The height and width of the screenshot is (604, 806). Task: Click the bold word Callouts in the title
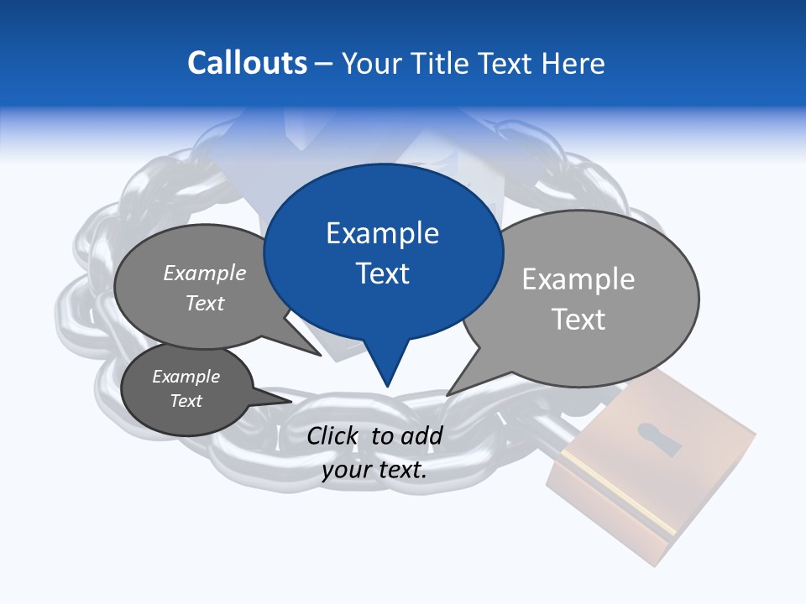click(247, 63)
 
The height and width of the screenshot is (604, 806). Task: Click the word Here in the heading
click(573, 64)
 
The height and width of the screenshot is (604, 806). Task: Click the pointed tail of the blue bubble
click(387, 382)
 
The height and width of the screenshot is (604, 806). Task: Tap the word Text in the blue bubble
click(383, 273)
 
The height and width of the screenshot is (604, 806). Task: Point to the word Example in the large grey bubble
click(578, 279)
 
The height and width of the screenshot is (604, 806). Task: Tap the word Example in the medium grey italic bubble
click(205, 273)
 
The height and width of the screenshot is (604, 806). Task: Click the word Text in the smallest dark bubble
click(186, 401)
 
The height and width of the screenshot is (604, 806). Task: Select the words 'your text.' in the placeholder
click(374, 470)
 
